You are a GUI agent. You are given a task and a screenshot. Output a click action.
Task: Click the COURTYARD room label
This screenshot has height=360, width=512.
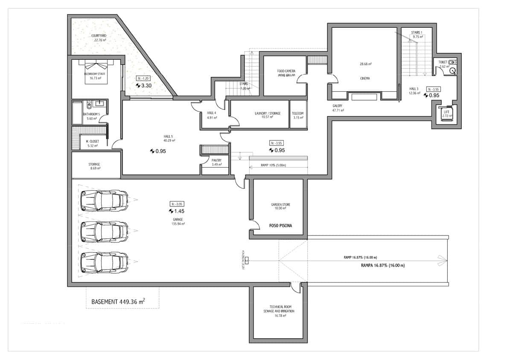(98, 36)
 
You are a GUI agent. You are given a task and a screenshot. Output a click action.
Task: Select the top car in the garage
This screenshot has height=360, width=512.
(104, 199)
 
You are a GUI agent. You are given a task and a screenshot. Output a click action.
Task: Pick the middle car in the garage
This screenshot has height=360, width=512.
(104, 231)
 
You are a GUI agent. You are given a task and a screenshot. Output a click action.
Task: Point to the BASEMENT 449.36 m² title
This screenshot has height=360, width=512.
(118, 302)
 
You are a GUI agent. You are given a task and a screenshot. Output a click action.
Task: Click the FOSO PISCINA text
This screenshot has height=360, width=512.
(280, 226)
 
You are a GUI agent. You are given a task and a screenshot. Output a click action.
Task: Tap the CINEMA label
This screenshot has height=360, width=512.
(365, 78)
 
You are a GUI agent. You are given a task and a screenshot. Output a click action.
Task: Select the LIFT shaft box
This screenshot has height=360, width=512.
(446, 114)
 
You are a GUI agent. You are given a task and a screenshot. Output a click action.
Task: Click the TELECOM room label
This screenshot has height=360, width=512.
(297, 113)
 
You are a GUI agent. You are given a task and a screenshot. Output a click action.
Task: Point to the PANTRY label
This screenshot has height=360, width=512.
(216, 160)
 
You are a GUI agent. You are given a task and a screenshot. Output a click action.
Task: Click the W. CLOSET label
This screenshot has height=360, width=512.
(92, 141)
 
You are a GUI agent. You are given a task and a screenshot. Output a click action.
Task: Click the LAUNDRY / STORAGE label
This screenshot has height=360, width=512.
(268, 113)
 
